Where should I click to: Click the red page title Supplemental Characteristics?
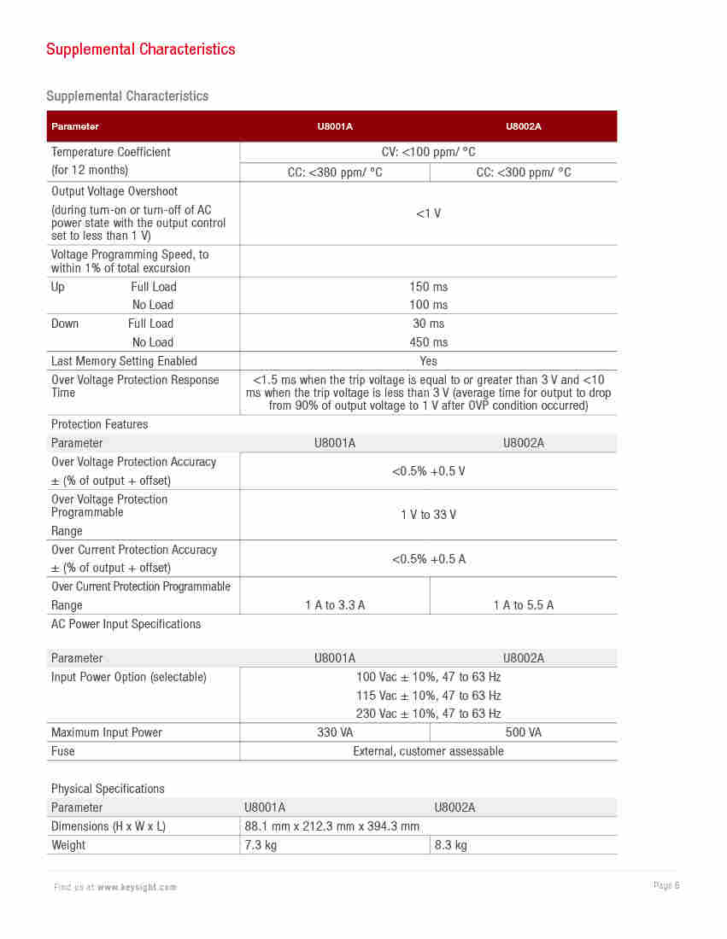click(x=141, y=50)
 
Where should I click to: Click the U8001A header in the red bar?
click(x=335, y=126)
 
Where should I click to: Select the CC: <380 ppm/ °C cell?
click(x=335, y=172)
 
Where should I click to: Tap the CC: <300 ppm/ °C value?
click(x=524, y=172)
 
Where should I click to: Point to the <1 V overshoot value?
click(x=429, y=213)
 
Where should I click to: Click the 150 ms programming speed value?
click(x=429, y=287)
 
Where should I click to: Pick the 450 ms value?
click(x=429, y=342)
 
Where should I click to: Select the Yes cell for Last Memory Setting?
click(x=429, y=361)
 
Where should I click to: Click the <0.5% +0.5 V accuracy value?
click(x=429, y=471)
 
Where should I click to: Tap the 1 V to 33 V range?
click(x=429, y=515)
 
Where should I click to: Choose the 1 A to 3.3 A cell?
click(x=335, y=605)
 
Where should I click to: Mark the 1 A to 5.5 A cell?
click(x=524, y=605)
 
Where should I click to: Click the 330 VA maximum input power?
click(x=335, y=732)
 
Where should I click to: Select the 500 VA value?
click(x=524, y=732)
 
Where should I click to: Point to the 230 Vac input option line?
click(x=429, y=714)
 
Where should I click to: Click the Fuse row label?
click(x=63, y=751)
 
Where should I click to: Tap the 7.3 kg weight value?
click(x=261, y=845)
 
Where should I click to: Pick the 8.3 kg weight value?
click(x=451, y=845)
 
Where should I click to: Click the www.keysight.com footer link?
click(x=137, y=887)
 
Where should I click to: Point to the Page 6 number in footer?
click(x=666, y=885)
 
